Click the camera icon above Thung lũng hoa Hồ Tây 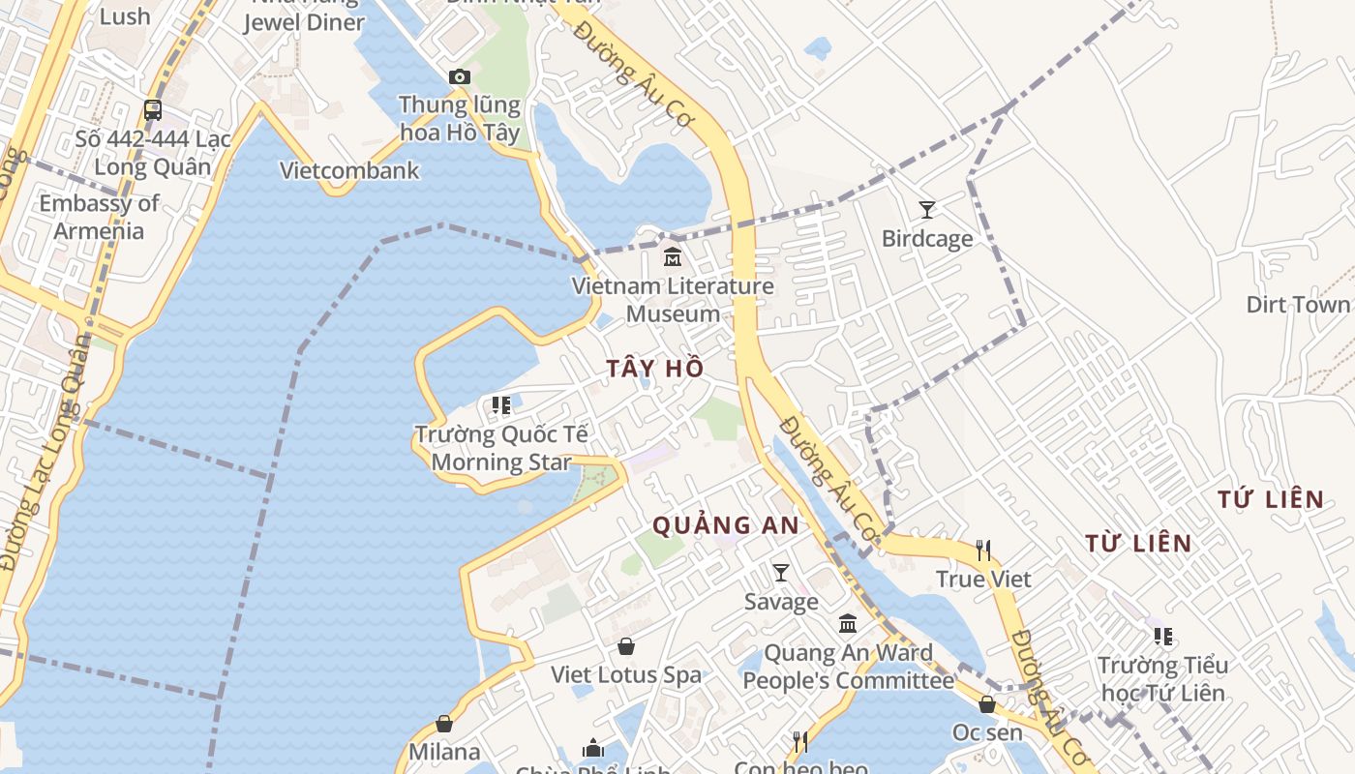click(460, 76)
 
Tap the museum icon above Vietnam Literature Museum click(672, 257)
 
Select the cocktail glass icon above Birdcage click(927, 209)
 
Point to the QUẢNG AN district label click(726, 525)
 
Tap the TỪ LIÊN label click(1138, 543)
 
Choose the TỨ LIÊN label click(1271, 499)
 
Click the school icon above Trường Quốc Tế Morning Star click(500, 405)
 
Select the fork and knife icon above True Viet click(983, 551)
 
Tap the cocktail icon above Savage click(781, 573)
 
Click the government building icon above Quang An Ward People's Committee click(848, 624)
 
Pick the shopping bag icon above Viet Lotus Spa click(626, 646)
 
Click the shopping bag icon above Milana click(444, 724)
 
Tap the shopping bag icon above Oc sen click(987, 704)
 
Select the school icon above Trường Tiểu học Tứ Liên click(1163, 637)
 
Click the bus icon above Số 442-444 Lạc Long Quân click(153, 110)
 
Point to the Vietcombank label click(349, 170)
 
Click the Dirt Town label click(1297, 305)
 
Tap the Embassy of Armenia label click(99, 217)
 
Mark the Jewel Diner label click(304, 21)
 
